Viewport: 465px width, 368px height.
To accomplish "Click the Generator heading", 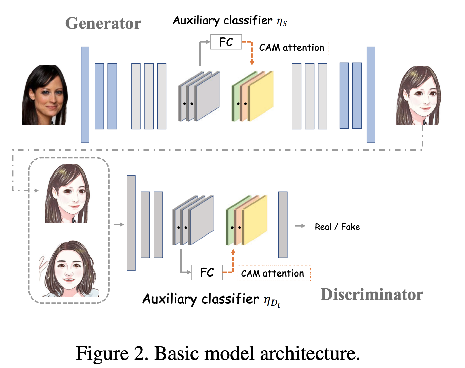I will pos(103,23).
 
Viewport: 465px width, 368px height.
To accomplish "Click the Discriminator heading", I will pos(372,294).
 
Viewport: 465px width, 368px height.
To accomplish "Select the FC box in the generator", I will pos(226,42).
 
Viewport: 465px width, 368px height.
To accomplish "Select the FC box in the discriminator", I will pos(207,272).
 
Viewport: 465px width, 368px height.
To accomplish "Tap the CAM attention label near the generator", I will pos(292,48).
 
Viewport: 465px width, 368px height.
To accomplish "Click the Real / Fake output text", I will pos(337,227).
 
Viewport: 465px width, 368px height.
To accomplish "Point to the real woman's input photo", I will pos(45,95).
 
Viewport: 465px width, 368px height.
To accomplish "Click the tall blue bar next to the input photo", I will pos(85,95).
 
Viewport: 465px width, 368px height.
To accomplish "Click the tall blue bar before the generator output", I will pos(371,95).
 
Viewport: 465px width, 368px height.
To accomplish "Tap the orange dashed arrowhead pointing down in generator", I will pos(252,63).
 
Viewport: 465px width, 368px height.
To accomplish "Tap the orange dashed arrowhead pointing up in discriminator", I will pos(233,252).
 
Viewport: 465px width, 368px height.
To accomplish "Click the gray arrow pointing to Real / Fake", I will pos(300,226).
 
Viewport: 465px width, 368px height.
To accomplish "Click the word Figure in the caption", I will pos(102,353).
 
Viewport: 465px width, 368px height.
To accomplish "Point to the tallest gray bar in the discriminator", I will pos(131,223).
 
